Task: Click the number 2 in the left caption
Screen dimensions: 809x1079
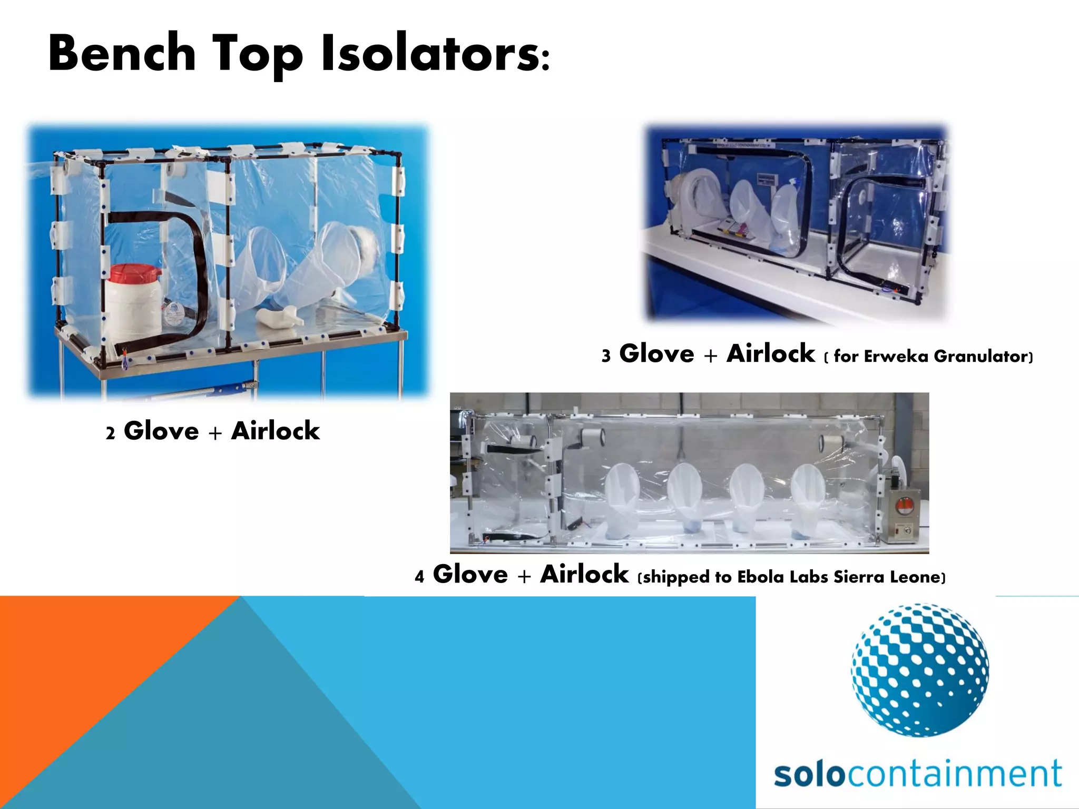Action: point(110,433)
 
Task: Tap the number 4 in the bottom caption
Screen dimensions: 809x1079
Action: point(419,577)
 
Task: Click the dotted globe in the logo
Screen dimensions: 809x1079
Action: point(919,670)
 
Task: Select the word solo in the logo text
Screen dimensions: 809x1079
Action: point(809,774)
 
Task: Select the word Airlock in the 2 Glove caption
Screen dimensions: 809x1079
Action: point(276,431)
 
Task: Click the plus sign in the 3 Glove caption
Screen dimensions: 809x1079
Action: point(710,356)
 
